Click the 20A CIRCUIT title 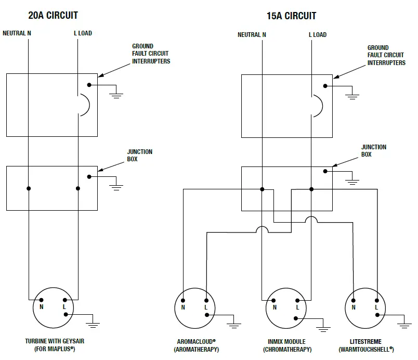click(53, 15)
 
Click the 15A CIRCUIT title click(291, 16)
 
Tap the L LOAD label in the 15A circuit click(317, 35)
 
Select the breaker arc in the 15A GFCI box click(318, 106)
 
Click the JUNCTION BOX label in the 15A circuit click(373, 151)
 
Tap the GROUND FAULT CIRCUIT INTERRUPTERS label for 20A click(151, 54)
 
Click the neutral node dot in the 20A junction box click(29, 188)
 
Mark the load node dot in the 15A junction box click(311, 189)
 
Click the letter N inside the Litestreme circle click(353, 308)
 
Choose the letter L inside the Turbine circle click(64, 307)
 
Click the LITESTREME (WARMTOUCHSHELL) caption click(365, 345)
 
